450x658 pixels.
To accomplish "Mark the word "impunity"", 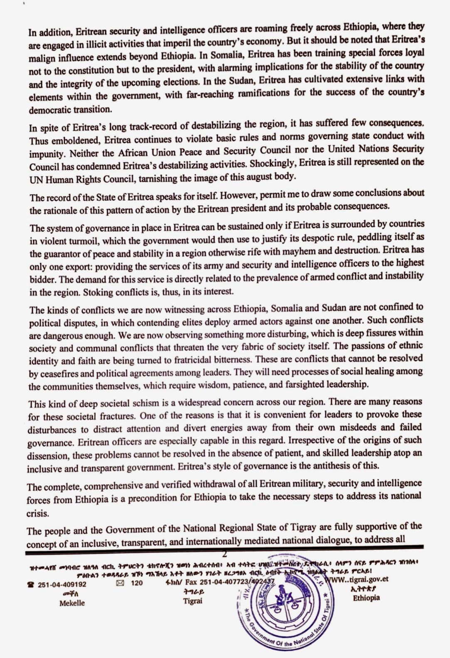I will pyautogui.click(x=47, y=153).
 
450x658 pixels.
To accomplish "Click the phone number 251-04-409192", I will pyautogui.click(x=62, y=584).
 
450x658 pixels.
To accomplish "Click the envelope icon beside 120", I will pyautogui.click(x=120, y=583).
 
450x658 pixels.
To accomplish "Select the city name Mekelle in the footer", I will pyautogui.click(x=72, y=603).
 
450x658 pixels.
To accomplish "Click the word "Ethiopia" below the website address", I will pyautogui.click(x=366, y=598).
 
